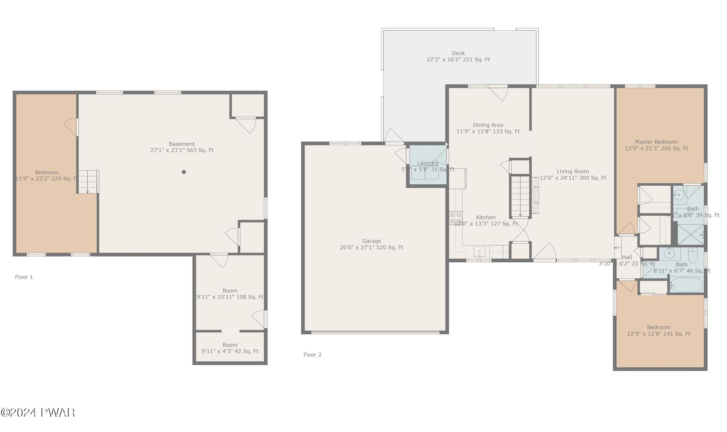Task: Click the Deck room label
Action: coord(458,56)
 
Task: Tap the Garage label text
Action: coord(371,244)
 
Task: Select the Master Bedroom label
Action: coord(656,145)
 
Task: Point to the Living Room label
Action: coord(573,175)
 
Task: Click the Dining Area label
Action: coord(488,128)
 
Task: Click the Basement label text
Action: coord(182,147)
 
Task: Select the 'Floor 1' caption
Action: coord(24,277)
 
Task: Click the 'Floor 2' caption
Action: coord(312,355)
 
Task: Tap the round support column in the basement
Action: coord(184,172)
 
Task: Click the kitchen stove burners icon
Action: coord(456,218)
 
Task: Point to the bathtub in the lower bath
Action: coord(687,285)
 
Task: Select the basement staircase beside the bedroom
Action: coord(88,182)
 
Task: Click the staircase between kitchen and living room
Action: coord(520,196)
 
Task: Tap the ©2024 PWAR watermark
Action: coord(38,413)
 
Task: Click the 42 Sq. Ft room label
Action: coord(230,348)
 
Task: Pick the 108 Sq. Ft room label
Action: coord(230,294)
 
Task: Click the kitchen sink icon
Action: coord(479,252)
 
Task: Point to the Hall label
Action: coord(627,257)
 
